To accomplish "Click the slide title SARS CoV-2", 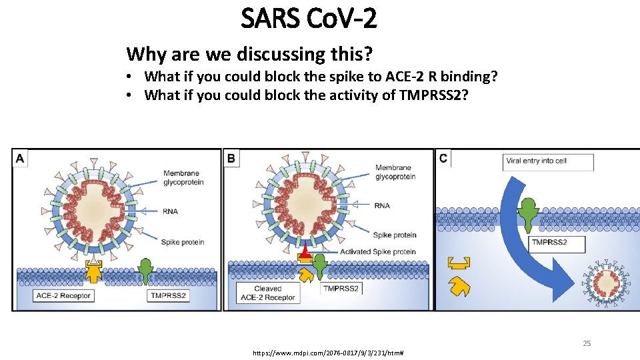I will (x=309, y=19).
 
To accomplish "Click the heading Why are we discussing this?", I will (x=249, y=53).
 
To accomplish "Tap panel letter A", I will (x=20, y=158).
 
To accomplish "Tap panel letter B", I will (x=231, y=158).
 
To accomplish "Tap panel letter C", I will (x=443, y=158).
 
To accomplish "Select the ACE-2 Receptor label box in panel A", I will (x=63, y=295).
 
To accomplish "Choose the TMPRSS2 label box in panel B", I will (x=341, y=289).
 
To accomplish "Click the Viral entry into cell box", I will (x=548, y=161).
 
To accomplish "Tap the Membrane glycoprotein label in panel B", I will (x=395, y=172).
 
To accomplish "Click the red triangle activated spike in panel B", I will (x=305, y=253).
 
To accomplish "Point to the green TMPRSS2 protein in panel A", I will (x=146, y=269).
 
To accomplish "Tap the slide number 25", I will (x=587, y=343).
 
